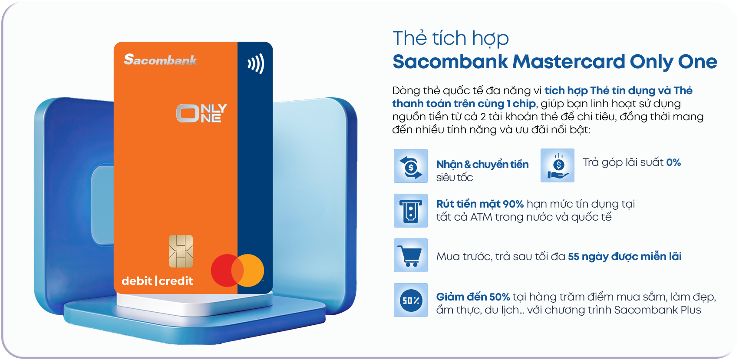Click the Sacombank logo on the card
[160, 59]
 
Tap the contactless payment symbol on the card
[256, 63]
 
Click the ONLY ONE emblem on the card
[201, 113]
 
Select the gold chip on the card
[181, 251]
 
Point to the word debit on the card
[137, 281]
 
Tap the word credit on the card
[176, 281]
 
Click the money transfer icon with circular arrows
[411, 166]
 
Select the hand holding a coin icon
[558, 165]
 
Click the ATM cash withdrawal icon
[411, 211]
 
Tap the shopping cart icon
[411, 255]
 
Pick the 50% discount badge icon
[411, 300]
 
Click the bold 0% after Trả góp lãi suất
[673, 162]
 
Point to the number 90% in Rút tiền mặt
[513, 204]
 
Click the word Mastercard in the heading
[569, 62]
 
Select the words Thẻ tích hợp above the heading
[450, 38]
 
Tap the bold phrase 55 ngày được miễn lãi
[624, 257]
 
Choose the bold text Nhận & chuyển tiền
[482, 165]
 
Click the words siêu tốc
[454, 178]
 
